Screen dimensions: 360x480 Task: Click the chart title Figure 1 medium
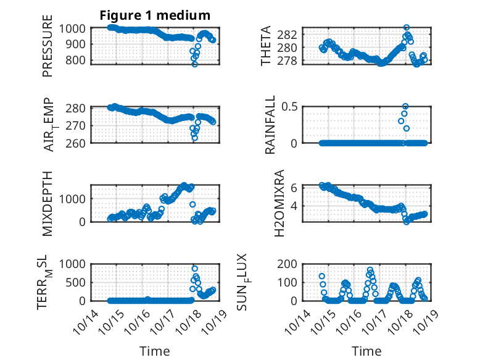click(x=155, y=15)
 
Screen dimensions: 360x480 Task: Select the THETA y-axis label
click(x=267, y=46)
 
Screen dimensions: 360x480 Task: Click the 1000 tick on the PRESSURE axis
click(x=75, y=28)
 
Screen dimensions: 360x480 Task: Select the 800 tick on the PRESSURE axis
click(x=78, y=61)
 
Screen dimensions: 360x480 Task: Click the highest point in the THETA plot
click(x=406, y=28)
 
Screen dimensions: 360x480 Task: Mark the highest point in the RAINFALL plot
click(x=405, y=106)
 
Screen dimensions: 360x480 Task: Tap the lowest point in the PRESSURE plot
click(x=195, y=64)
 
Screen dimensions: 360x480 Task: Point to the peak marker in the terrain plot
click(x=195, y=269)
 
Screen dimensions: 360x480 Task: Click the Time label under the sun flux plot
click(x=366, y=351)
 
